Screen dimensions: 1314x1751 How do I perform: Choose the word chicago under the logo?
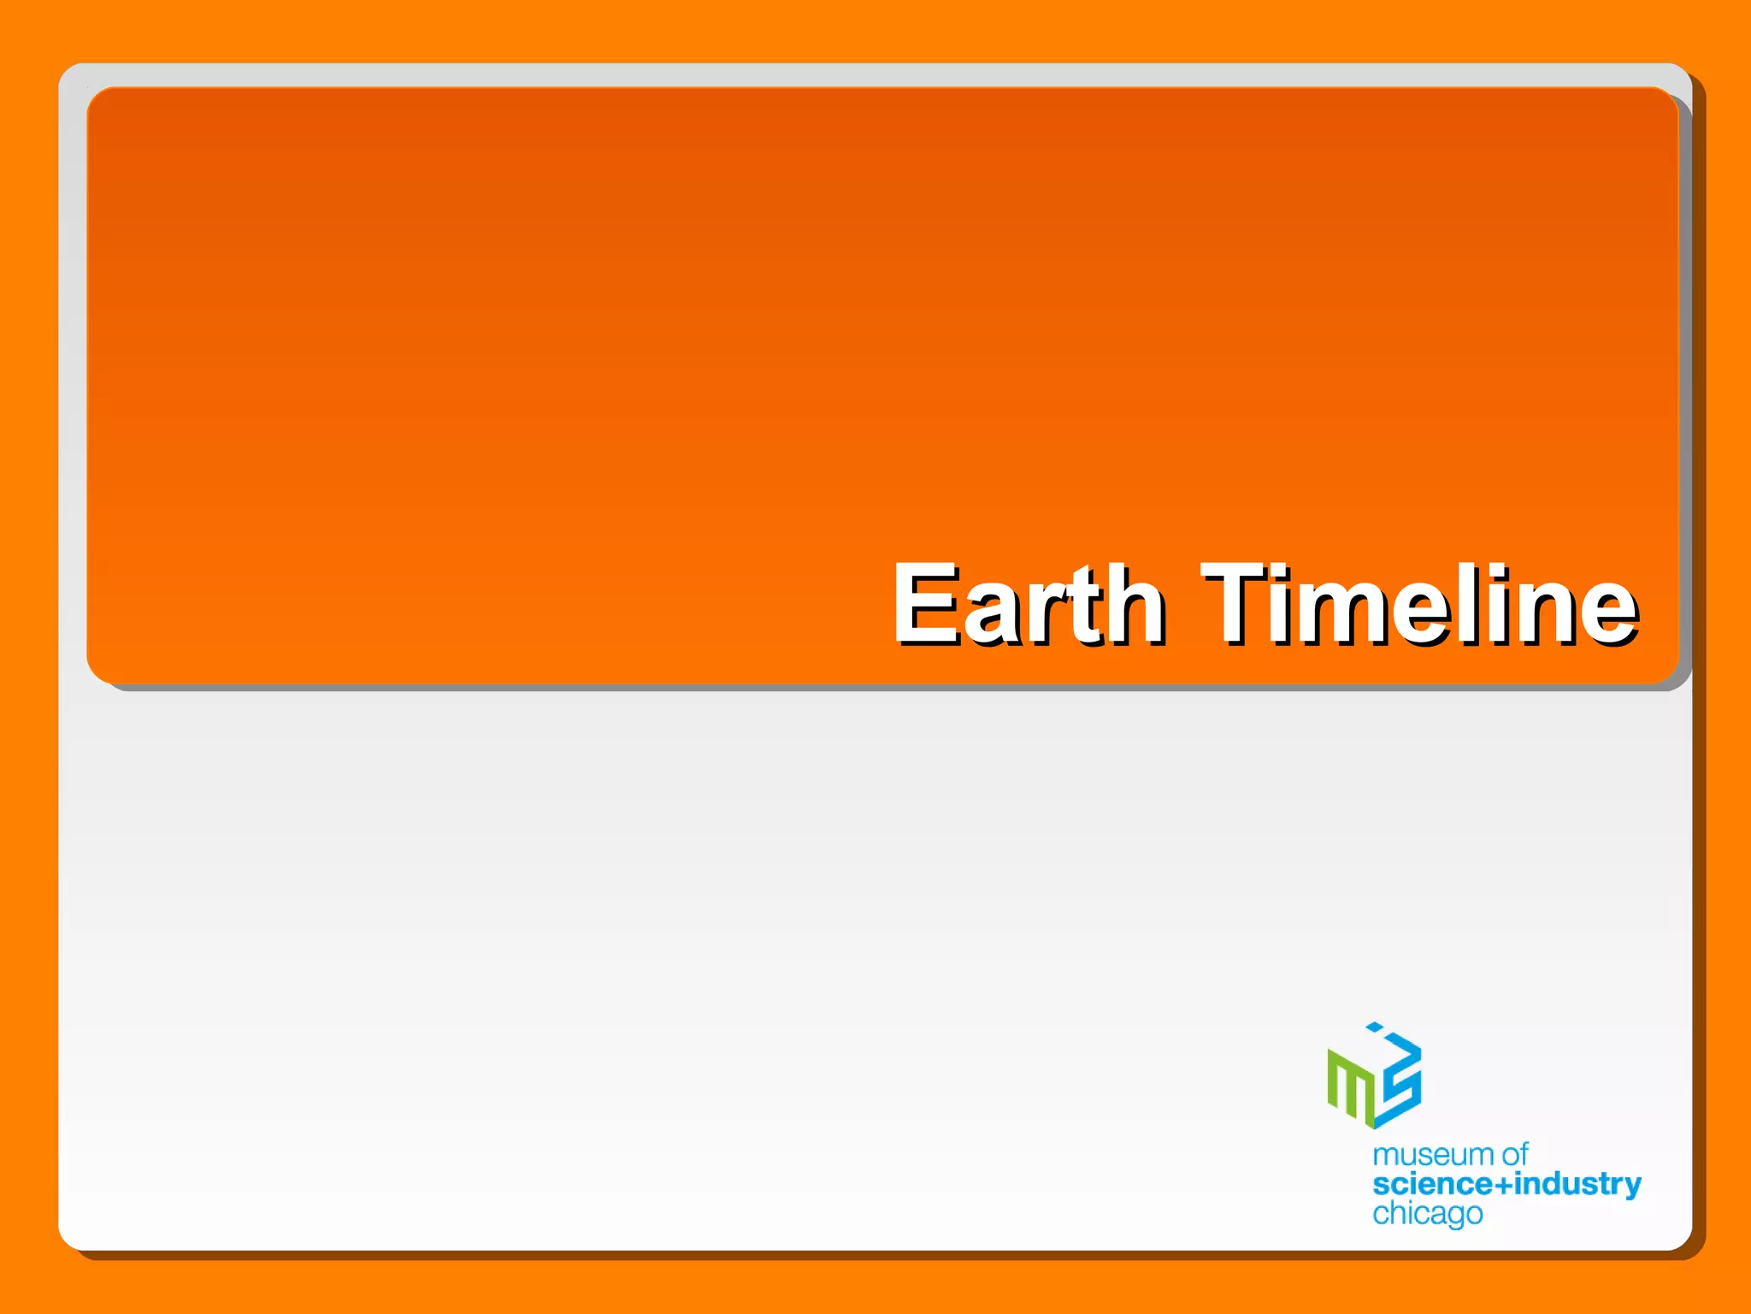tap(1427, 1214)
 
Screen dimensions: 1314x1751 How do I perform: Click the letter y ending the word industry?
tap(1632, 1188)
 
